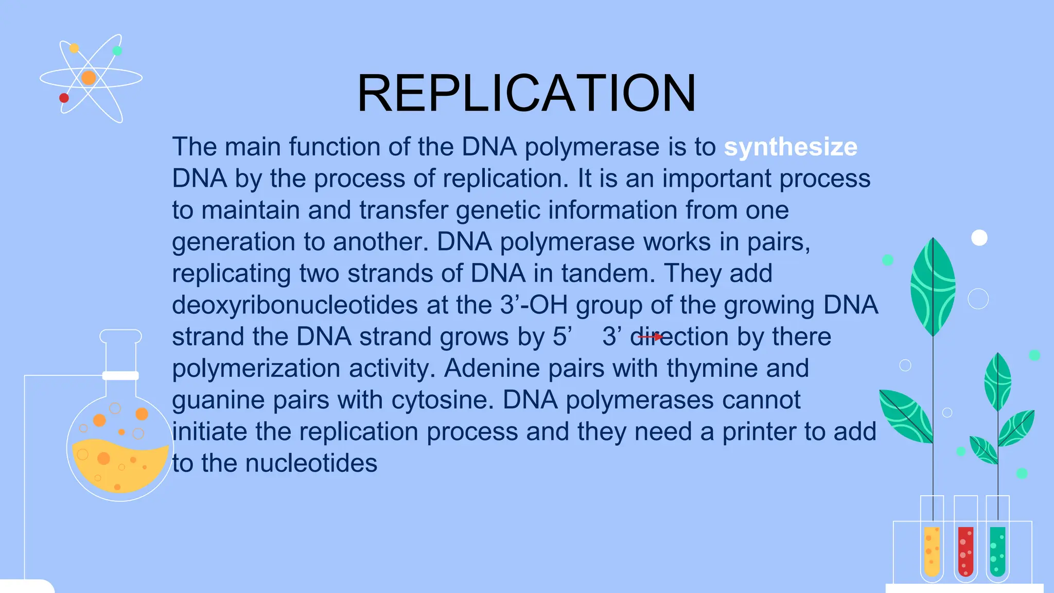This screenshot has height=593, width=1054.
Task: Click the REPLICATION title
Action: pyautogui.click(x=526, y=93)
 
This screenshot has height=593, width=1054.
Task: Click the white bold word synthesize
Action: pyautogui.click(x=790, y=147)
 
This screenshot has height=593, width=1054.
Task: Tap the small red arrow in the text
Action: pyautogui.click(x=651, y=337)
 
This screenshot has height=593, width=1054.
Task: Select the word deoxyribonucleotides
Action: pyautogui.click(x=294, y=305)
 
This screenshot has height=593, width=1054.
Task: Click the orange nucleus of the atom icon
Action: pyautogui.click(x=89, y=78)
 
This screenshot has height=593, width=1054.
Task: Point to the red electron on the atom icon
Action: pyautogui.click(x=64, y=98)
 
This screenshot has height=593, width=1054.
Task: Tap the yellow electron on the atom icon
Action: pyautogui.click(x=74, y=48)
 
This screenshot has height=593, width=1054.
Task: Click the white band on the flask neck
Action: pyautogui.click(x=120, y=376)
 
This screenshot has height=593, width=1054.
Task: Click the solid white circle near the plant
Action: pyautogui.click(x=979, y=238)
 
